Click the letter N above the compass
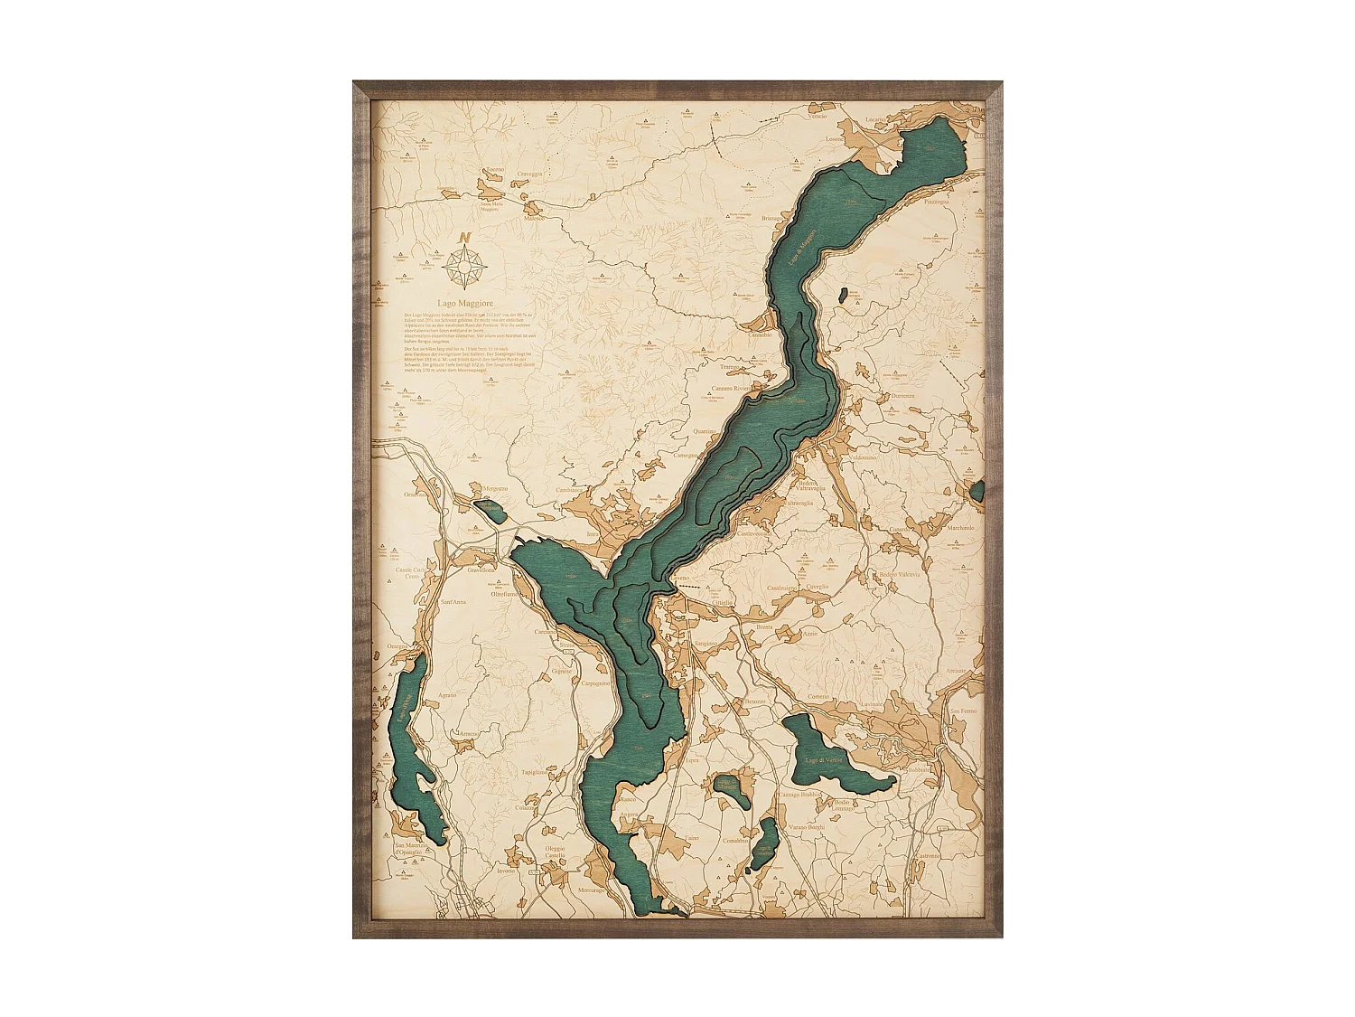(465, 238)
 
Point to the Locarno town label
(876, 119)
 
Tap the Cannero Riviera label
(732, 389)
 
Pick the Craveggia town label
(530, 173)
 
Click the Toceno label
(495, 169)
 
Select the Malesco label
(535, 219)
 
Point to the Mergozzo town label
(495, 488)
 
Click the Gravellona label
(481, 570)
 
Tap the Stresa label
(566, 645)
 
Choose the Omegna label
(397, 646)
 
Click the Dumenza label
(902, 395)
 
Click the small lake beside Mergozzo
(492, 511)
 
